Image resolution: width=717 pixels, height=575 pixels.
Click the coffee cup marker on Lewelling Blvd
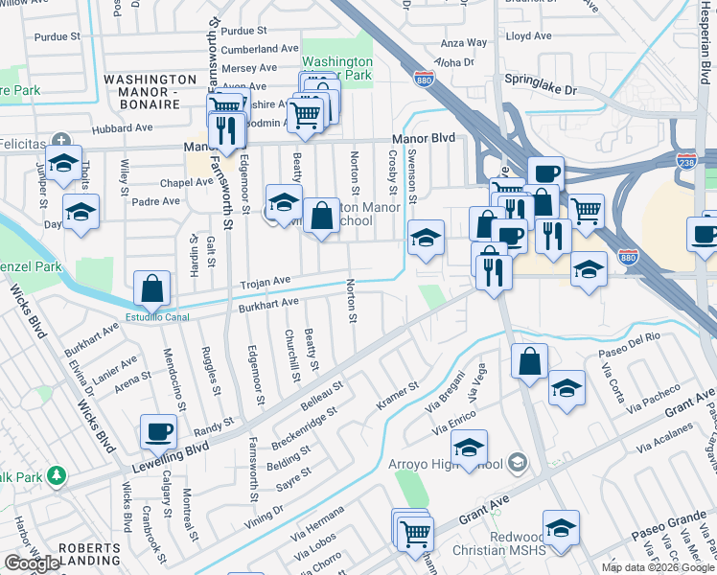(x=158, y=431)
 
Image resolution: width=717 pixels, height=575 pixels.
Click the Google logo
(x=32, y=563)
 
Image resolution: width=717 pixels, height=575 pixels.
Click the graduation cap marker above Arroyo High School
(x=470, y=448)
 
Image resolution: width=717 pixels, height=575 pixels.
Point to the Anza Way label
(x=464, y=43)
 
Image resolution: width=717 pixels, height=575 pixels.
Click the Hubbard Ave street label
(x=123, y=128)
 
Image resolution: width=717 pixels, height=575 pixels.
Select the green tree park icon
(x=56, y=474)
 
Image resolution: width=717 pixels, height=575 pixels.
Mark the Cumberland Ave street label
(x=260, y=48)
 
